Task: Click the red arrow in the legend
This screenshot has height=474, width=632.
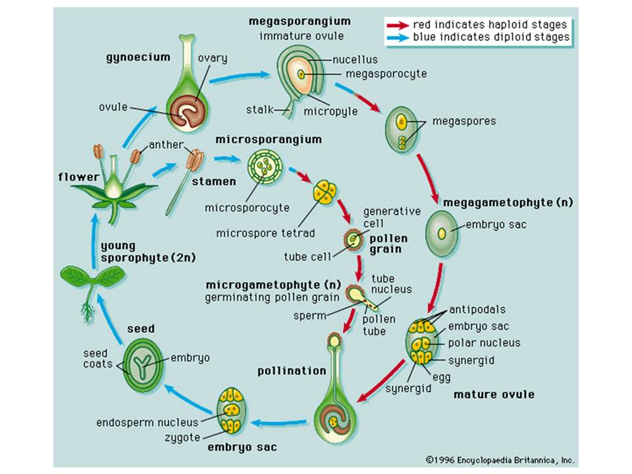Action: pos(398,26)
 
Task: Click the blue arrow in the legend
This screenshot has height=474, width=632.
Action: pos(398,38)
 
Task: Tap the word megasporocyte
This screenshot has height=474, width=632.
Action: pos(386,74)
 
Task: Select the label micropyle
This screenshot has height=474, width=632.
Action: pos(330,111)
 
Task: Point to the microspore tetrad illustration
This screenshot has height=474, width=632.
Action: pos(325,191)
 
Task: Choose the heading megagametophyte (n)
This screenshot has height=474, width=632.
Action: pos(508,202)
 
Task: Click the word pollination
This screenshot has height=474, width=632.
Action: pos(292,371)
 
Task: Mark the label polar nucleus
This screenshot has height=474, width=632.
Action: pos(484,343)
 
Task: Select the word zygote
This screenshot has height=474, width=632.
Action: pos(182,438)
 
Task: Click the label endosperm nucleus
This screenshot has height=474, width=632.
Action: pos(147,423)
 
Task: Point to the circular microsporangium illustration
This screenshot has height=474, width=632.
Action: pos(265,167)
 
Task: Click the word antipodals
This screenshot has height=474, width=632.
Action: pos(477,309)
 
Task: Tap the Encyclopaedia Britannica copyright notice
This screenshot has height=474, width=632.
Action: pos(500,460)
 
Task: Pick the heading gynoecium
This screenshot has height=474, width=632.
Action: pos(138,58)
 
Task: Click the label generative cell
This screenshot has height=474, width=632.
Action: pos(392,217)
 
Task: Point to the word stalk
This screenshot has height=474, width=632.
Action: pos(259,110)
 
